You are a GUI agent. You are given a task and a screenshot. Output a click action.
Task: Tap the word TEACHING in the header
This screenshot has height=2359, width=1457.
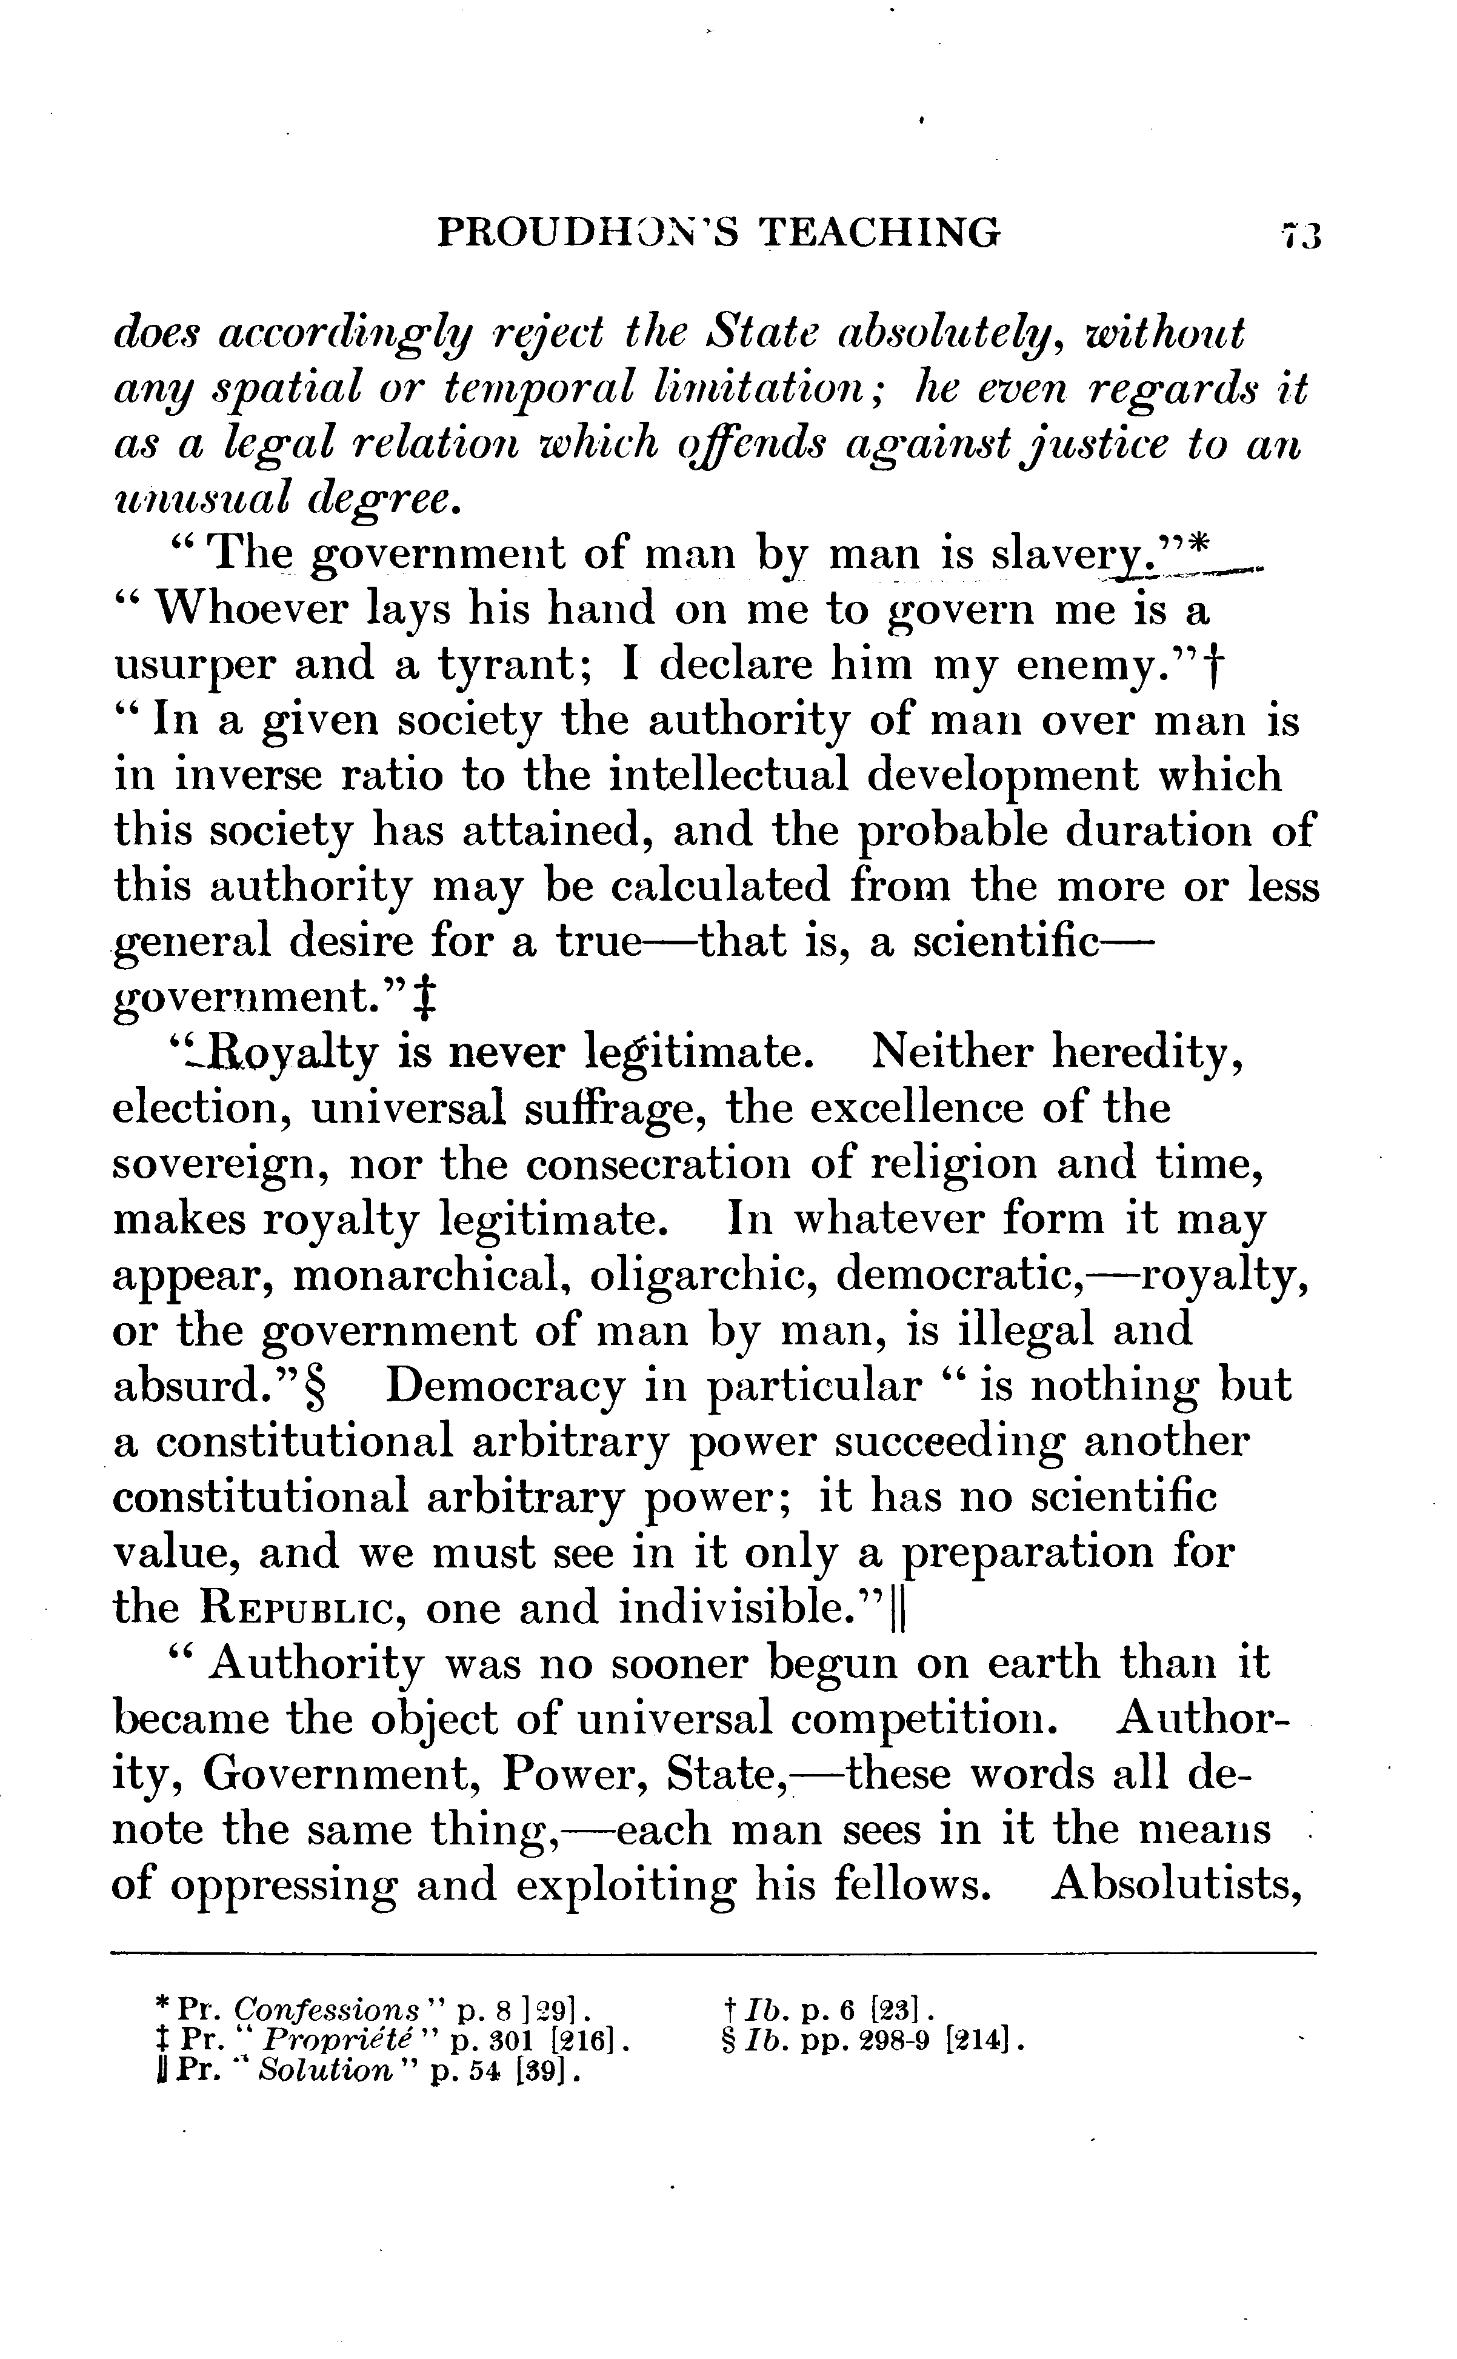[x=878, y=234]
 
